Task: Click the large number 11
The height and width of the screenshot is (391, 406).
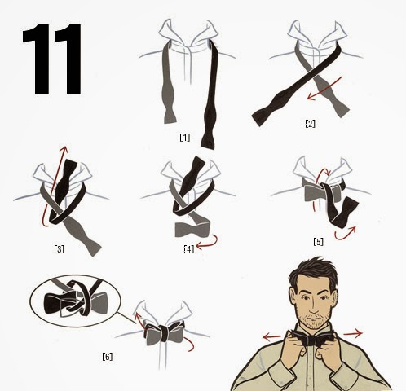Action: tap(51, 59)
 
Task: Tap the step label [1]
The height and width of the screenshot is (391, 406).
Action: tap(185, 138)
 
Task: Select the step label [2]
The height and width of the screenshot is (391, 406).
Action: tap(310, 124)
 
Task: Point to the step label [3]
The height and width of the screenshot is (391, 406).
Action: tap(60, 248)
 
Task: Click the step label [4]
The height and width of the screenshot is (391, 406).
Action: tap(189, 248)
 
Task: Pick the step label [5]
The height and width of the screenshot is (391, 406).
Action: tap(318, 241)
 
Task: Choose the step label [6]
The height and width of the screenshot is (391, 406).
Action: tap(108, 357)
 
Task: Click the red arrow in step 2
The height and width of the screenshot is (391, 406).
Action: tap(324, 88)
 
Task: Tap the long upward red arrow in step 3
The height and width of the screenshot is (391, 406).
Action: tap(55, 187)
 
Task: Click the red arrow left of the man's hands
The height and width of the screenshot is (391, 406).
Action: tap(272, 337)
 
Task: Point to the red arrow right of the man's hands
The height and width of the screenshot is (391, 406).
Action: tap(353, 333)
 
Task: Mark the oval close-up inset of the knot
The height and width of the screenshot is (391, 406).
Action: tap(75, 301)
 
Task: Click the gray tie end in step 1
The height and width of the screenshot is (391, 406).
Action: tap(168, 84)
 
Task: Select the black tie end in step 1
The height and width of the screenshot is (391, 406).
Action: tap(211, 95)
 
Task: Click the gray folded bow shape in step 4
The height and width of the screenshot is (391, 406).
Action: tap(192, 230)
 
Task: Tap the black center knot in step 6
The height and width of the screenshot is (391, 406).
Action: tap(164, 334)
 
